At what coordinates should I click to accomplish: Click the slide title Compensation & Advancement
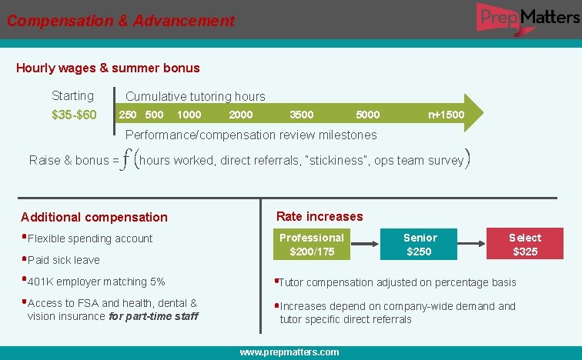pyautogui.click(x=121, y=21)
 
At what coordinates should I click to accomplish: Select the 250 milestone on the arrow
pyautogui.click(x=128, y=115)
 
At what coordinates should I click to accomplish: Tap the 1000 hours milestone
pyautogui.click(x=189, y=115)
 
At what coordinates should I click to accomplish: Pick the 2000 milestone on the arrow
pyautogui.click(x=241, y=115)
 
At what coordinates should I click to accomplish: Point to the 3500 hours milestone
pyautogui.click(x=301, y=115)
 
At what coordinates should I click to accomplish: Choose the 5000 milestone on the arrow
pyautogui.click(x=367, y=115)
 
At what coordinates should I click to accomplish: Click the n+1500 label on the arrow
pyautogui.click(x=447, y=115)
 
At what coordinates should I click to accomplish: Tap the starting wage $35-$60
pyautogui.click(x=74, y=115)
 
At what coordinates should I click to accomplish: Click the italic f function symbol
pyautogui.click(x=127, y=159)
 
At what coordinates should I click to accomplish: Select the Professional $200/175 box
pyautogui.click(x=312, y=245)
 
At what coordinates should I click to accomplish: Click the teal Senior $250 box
pyautogui.click(x=420, y=245)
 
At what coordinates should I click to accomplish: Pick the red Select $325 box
pyautogui.click(x=525, y=245)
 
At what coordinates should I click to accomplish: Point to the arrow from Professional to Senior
pyautogui.click(x=365, y=245)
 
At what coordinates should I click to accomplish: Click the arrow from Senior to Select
pyautogui.click(x=471, y=245)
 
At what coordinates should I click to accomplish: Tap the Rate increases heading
pyautogui.click(x=319, y=216)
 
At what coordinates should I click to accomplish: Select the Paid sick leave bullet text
pyautogui.click(x=64, y=260)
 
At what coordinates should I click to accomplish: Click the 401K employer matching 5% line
pyautogui.click(x=96, y=282)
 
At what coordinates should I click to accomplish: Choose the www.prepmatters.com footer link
pyautogui.click(x=289, y=352)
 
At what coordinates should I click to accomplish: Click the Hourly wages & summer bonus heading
pyautogui.click(x=108, y=68)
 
